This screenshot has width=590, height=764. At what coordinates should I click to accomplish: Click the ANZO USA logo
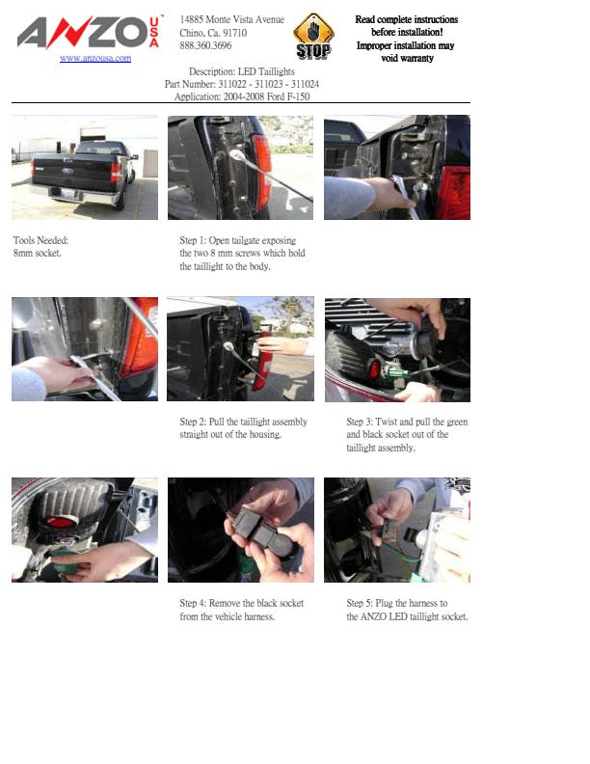pos(89,32)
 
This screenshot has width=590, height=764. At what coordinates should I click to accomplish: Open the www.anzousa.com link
pos(95,58)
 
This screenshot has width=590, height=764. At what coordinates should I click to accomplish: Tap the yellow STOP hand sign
pos(313,37)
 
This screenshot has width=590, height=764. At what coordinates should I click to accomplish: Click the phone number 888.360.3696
pos(205,45)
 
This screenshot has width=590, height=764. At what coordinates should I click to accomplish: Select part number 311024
pos(306,84)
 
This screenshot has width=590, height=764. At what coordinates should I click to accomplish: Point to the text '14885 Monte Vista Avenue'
pos(231,19)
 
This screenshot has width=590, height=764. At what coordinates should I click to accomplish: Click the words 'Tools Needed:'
pos(40,240)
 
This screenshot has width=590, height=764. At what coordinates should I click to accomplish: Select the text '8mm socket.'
pos(37,253)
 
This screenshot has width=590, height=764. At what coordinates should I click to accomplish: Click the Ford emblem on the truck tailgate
pos(67,171)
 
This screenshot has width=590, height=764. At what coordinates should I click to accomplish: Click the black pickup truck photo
pos(85,167)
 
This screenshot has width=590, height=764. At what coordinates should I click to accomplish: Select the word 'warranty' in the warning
pos(414,58)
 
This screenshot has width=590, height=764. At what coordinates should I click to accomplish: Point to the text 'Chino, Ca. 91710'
pos(213,33)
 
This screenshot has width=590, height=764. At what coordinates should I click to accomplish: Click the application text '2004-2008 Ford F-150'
pos(266,96)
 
